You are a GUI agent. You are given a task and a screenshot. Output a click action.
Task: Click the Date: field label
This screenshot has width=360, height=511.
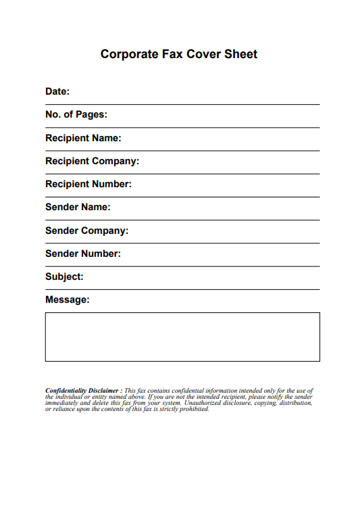pyautogui.click(x=57, y=91)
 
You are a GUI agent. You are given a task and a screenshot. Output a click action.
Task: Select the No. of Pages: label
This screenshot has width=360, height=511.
pyautogui.click(x=76, y=114)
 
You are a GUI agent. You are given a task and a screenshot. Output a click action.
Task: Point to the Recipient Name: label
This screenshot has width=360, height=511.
pyautogui.click(x=83, y=138)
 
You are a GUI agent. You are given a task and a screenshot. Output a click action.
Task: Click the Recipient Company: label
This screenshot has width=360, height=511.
pyautogui.click(x=92, y=161)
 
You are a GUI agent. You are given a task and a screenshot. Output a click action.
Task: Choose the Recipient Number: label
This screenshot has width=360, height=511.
pyautogui.click(x=88, y=184)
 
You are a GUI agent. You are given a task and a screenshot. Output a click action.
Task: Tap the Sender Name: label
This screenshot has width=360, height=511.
pyautogui.click(x=78, y=207)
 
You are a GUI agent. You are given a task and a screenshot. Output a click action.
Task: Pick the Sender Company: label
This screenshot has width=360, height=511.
pyautogui.click(x=86, y=230)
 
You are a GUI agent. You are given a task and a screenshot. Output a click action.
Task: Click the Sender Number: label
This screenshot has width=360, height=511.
pyautogui.click(x=83, y=253)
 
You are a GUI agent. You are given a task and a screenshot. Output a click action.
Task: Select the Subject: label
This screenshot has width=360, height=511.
pyautogui.click(x=64, y=276)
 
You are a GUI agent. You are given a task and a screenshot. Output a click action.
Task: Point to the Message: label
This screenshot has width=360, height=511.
pyautogui.click(x=67, y=299)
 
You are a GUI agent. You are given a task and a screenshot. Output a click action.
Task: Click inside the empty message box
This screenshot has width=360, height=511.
pyautogui.click(x=182, y=337)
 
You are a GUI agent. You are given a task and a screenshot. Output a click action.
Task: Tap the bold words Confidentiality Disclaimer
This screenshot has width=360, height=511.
pyautogui.click(x=82, y=391)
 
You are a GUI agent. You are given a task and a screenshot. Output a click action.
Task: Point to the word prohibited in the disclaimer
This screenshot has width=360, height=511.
pyautogui.click(x=195, y=409)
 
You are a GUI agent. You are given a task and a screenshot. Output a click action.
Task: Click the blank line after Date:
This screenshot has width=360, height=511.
pyautogui.click(x=196, y=95)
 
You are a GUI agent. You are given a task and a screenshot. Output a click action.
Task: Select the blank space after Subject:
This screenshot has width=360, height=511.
pyautogui.click(x=203, y=279)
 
